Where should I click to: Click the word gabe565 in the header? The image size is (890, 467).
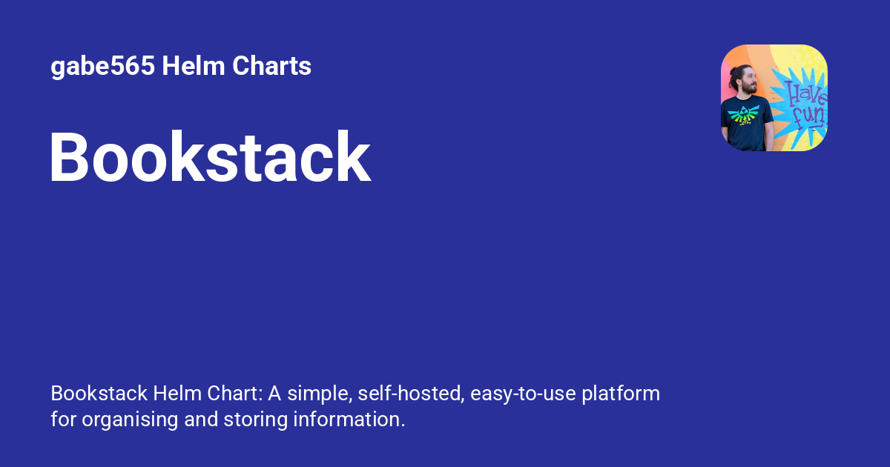coord(102,67)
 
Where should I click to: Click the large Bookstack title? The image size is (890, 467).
coord(210,158)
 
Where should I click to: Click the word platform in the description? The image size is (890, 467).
coord(620,394)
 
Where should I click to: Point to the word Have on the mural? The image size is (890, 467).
coord(804,94)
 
